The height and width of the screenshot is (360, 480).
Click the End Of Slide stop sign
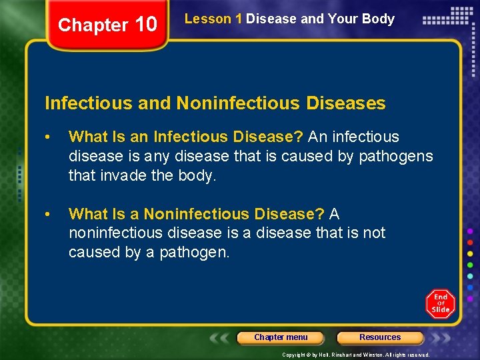click(440, 303)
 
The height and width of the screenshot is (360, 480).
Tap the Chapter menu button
click(281, 337)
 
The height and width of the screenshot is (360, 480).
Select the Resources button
click(380, 337)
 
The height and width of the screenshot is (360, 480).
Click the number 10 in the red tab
click(145, 25)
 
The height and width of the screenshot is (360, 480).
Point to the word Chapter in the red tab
click(92, 25)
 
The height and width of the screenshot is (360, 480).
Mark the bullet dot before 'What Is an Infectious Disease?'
click(48, 137)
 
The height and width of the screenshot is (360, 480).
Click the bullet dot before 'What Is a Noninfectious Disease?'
click(48, 215)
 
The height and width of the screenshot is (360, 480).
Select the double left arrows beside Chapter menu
click(221, 337)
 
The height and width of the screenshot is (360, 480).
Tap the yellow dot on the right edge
click(470, 253)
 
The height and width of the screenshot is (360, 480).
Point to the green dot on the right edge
click(470, 265)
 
